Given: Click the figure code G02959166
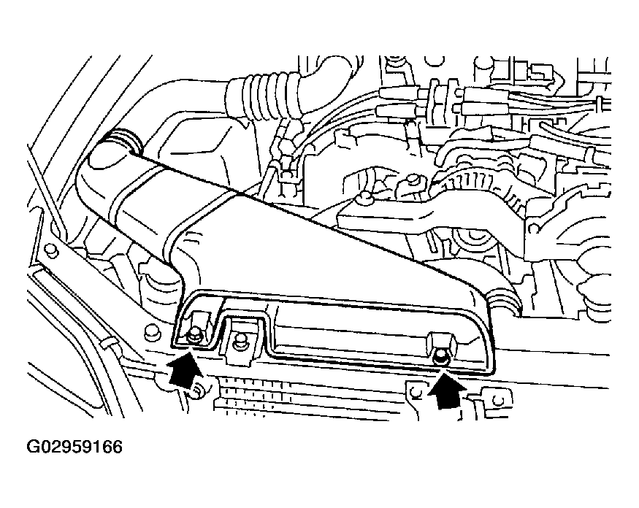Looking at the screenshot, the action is (74, 447).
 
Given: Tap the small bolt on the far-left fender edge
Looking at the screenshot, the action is (50, 251).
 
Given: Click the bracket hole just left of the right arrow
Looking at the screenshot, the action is (415, 392).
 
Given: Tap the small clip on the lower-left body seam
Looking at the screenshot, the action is (107, 343).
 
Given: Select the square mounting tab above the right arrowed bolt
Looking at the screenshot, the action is (443, 342).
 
